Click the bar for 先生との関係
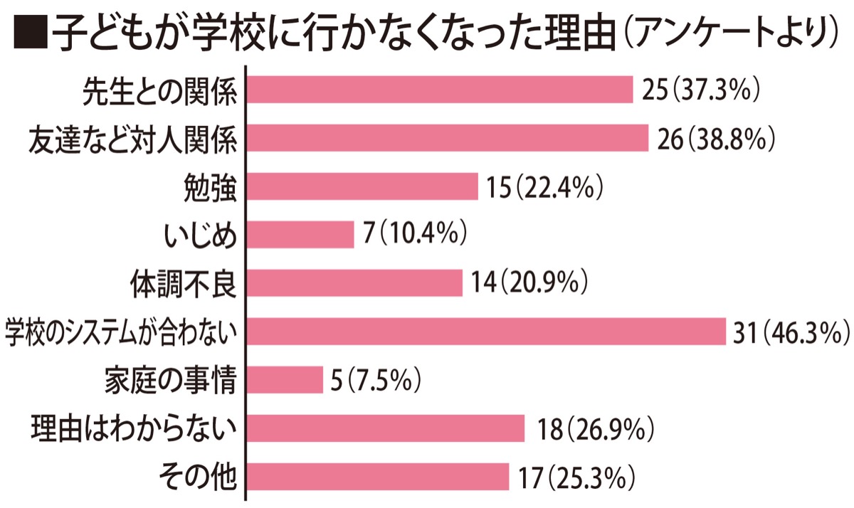click(439, 90)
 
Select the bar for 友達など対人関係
click(447, 138)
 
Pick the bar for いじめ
click(300, 235)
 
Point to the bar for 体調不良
click(354, 283)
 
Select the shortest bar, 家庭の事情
click(284, 380)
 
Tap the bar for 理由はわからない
click(385, 428)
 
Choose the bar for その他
click(377, 477)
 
